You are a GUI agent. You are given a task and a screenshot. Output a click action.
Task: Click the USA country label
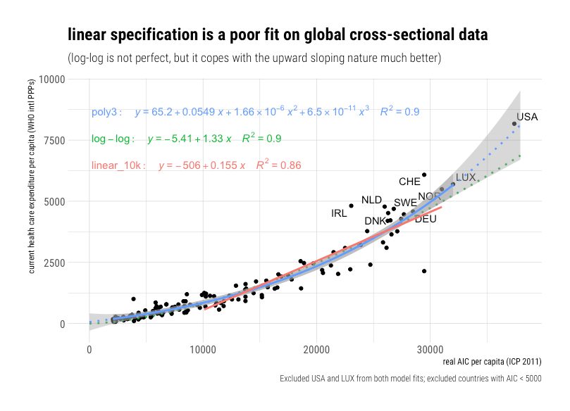pos(527,117)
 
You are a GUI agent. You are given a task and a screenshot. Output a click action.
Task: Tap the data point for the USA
pos(514,124)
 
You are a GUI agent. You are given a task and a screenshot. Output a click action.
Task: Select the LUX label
pos(466,178)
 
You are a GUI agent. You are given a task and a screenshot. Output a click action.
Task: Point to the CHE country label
pos(409,182)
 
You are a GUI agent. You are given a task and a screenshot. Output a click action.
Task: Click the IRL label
pos(339,213)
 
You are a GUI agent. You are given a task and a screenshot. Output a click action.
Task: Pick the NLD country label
pos(371,200)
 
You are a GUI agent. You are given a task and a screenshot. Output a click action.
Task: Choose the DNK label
pos(375,221)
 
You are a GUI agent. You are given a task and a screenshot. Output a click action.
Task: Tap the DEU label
pos(426,219)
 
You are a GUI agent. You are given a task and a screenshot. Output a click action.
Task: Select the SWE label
pos(405,203)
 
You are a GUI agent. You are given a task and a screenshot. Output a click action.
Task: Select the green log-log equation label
pos(186,139)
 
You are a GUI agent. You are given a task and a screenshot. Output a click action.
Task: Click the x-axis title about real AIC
pos(492,362)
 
